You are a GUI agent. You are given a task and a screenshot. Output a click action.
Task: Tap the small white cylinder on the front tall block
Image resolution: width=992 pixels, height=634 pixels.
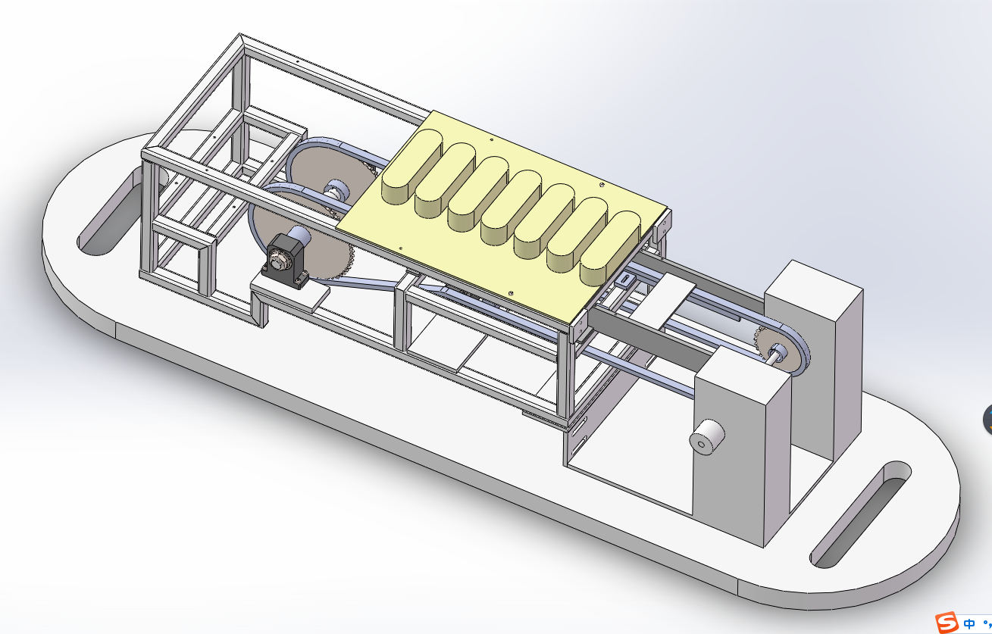click(707, 436)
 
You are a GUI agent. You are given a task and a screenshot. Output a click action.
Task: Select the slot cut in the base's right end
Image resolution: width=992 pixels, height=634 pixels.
click(860, 514)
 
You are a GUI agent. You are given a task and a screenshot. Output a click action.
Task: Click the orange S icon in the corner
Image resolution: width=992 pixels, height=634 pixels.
click(947, 623)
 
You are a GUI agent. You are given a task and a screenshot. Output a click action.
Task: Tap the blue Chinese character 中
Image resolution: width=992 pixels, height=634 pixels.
click(969, 624)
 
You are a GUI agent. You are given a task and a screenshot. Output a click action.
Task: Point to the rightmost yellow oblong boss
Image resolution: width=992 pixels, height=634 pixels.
click(610, 248)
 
